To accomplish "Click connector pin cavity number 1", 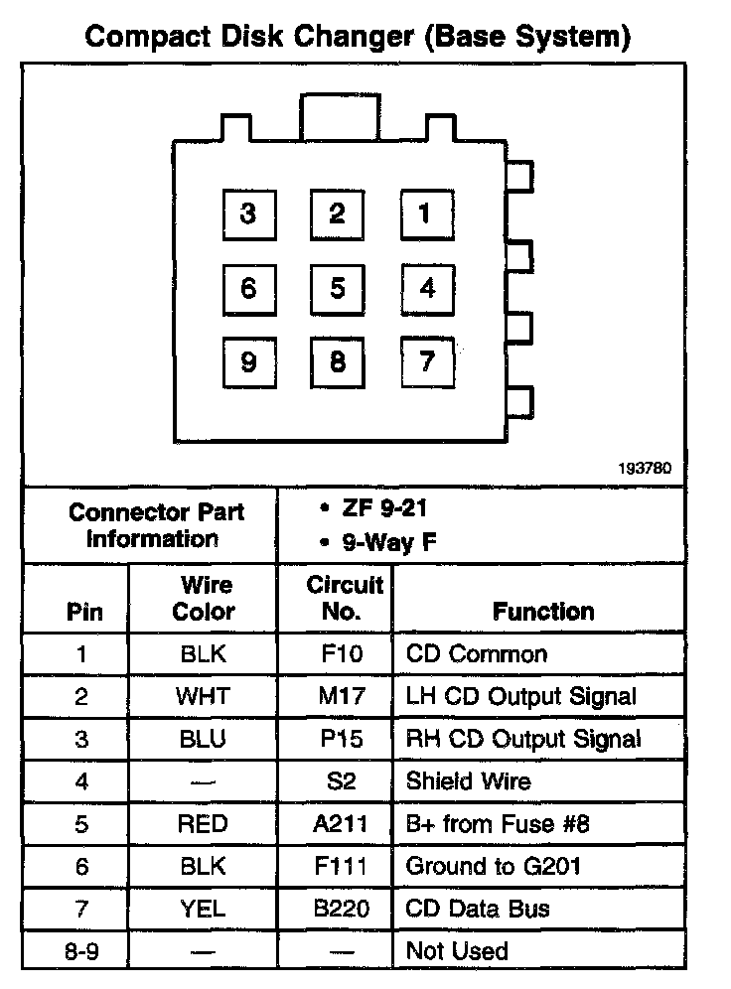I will pos(427,213).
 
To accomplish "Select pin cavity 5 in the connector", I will pos(338,288).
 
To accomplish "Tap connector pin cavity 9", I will pos(248,362).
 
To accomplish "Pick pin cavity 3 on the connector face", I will pos(248,213).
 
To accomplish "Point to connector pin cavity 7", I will pos(427,361).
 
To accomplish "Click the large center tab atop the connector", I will pos(338,118).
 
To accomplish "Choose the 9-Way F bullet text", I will pos(377,543).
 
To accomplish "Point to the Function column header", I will pos(544,612).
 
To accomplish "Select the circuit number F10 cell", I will pos(341,654).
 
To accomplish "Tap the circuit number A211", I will pos(341,824).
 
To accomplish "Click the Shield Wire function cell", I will pos(468,781).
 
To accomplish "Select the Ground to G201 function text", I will pos(494,867).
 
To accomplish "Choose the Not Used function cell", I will pos(457,952).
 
